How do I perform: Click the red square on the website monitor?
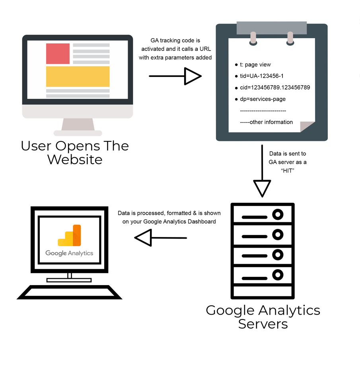coord(58,53)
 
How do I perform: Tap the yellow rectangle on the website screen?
coord(78,76)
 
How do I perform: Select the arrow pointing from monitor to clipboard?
coord(175,76)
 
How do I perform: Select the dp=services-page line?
coord(263,99)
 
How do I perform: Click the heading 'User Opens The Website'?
coord(75,152)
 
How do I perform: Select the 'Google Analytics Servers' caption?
coord(263,317)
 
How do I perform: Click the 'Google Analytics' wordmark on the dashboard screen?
coord(69,253)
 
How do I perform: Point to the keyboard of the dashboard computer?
coord(69,292)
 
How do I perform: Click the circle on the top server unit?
coord(278,215)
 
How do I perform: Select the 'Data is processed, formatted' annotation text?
coord(169,217)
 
